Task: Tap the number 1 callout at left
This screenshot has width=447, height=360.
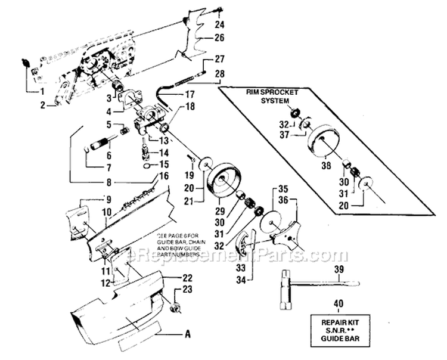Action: click(x=42, y=91)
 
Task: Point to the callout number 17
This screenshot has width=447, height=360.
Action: click(x=189, y=94)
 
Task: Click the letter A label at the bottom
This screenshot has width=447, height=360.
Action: click(x=188, y=334)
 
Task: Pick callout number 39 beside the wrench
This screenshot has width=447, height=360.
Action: click(x=339, y=271)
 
